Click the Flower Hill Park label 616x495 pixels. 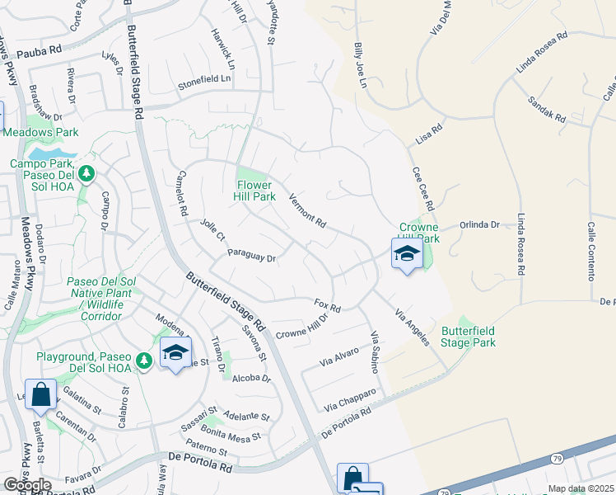tap(255, 191)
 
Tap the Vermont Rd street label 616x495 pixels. tap(308, 211)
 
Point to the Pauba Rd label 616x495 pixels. tap(44, 49)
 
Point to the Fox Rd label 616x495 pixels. tap(328, 305)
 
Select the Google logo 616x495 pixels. tap(27, 485)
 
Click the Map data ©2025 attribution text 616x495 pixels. tap(581, 488)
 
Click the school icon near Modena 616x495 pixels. tap(175, 353)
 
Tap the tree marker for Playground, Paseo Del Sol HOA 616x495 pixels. tap(144, 361)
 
